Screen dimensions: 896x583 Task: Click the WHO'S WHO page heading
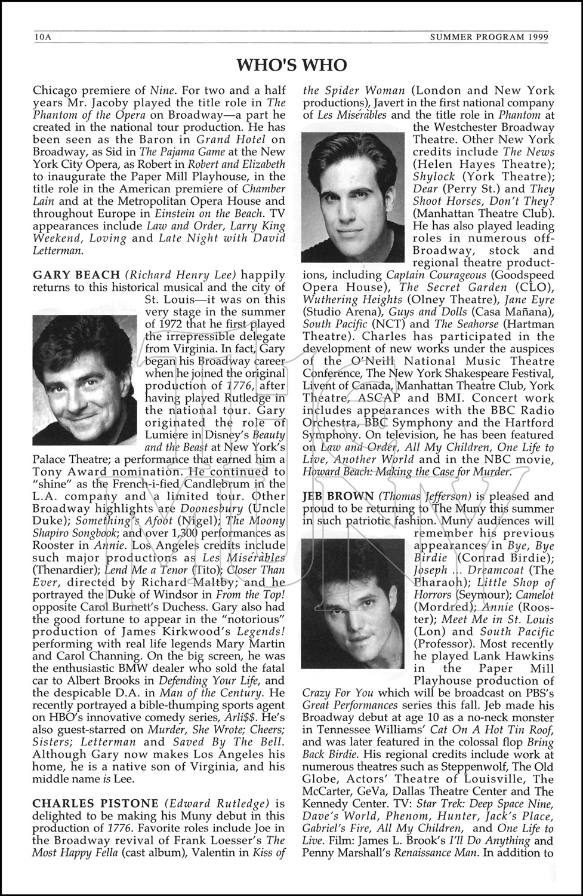291,64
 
